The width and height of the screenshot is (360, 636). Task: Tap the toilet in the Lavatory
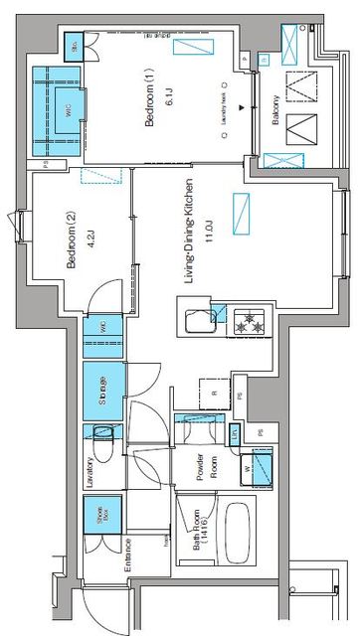(103, 430)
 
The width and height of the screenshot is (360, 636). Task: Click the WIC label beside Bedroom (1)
(69, 112)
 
